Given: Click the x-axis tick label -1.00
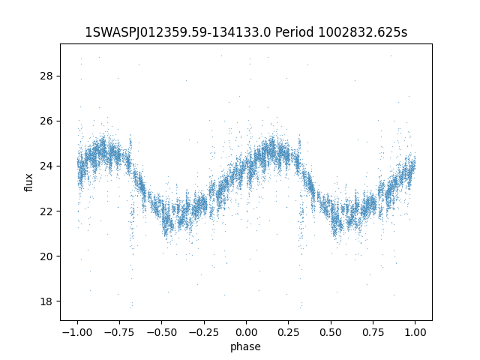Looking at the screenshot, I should coord(76,332).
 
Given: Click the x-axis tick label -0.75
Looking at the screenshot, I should coord(118,332).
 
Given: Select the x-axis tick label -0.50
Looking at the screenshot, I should coord(160,332).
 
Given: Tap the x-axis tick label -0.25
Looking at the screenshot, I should coord(203,332).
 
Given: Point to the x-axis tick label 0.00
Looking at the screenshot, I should coord(246,332).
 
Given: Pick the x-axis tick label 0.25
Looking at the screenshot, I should coord(289,332).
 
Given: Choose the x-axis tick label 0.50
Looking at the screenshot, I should coord(331,332).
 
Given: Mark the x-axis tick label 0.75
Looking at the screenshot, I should coord(373,332).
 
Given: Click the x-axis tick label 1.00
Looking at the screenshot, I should coord(415,332).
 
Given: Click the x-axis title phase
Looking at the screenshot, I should coord(246,346).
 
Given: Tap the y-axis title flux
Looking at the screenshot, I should coord(29,182).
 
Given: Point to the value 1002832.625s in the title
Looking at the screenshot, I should coord(364,32).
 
